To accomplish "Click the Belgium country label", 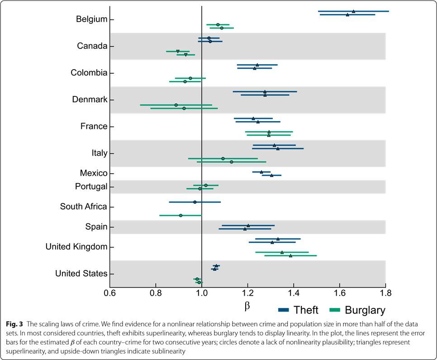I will [x=91, y=19].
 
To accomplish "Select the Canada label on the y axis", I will [x=92, y=46].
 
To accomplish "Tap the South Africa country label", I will [x=83, y=207].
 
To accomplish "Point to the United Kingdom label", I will [x=76, y=247].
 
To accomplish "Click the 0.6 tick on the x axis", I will [x=109, y=293].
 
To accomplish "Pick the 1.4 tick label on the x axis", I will [x=294, y=293].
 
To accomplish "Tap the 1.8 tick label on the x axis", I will [x=385, y=293].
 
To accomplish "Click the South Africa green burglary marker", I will [x=180, y=215].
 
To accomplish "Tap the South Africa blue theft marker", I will [x=195, y=202].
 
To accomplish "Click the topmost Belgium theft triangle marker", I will [x=353, y=11].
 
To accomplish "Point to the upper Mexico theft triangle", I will [x=261, y=172].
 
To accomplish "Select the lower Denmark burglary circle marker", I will [x=184, y=109].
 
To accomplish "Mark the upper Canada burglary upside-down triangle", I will [x=178, y=52].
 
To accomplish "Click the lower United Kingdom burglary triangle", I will [x=290, y=256].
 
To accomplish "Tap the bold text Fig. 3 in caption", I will [x=14, y=325].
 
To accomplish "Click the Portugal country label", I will [x=91, y=187].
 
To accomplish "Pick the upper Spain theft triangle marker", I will [x=248, y=225].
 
